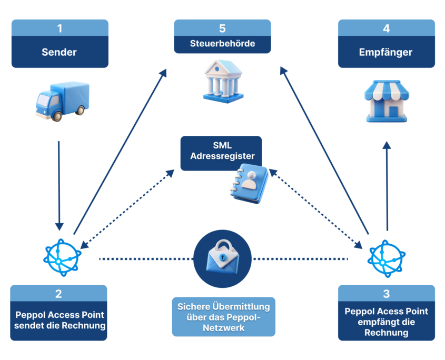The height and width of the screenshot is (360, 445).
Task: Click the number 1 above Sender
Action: [60, 28]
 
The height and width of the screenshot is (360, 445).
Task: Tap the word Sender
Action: [60, 52]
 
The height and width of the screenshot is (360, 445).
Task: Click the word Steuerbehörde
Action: [222, 44]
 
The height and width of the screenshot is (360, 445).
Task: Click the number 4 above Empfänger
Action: [386, 28]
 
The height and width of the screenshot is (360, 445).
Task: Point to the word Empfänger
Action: [386, 52]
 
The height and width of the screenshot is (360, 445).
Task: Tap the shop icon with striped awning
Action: [387, 101]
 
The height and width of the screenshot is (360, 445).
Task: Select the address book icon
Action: [249, 182]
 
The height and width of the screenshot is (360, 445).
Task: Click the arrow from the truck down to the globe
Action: [59, 184]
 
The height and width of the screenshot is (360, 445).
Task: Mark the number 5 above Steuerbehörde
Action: [222, 28]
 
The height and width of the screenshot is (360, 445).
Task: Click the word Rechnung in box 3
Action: [387, 333]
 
